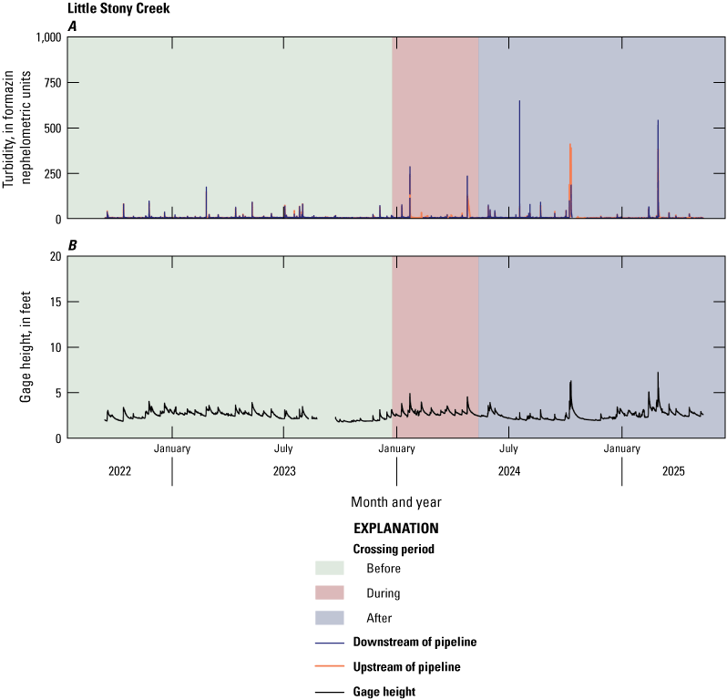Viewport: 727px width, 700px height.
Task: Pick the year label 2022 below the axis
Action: coord(119,471)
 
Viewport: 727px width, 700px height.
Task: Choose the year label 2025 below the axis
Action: coord(673,471)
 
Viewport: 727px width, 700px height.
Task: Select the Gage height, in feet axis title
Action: coord(26,346)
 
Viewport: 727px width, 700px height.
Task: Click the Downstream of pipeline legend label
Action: coord(415,643)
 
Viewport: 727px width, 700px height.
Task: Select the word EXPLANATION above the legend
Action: coord(395,529)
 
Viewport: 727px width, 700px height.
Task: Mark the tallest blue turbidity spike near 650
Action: coord(519,102)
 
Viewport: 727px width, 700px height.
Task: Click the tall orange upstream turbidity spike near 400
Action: coord(570,146)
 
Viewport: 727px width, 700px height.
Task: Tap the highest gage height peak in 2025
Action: coord(658,374)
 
